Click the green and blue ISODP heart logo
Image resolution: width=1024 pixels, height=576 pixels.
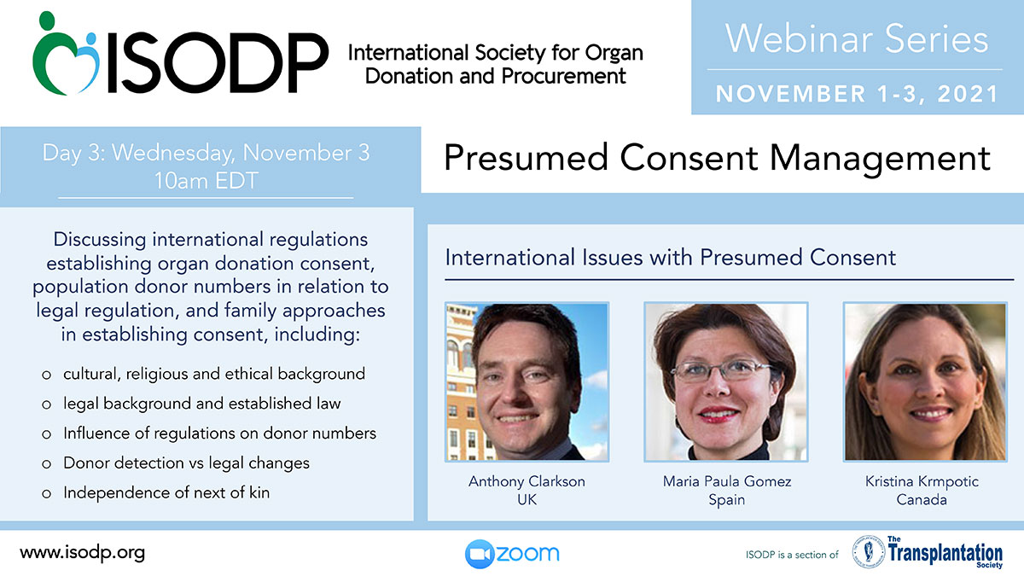click(x=66, y=53)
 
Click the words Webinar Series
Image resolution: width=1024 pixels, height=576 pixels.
click(x=857, y=39)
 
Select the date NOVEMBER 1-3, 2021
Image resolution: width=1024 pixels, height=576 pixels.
click(x=857, y=94)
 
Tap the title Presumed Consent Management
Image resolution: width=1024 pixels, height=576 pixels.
click(x=718, y=159)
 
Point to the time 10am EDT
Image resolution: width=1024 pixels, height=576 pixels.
click(x=207, y=181)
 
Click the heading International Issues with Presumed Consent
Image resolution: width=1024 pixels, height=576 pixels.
click(x=670, y=258)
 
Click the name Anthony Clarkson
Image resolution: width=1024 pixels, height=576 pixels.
click(x=527, y=481)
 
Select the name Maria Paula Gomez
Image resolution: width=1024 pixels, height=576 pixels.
click(x=727, y=481)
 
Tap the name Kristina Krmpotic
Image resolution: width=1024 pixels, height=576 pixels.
click(x=922, y=481)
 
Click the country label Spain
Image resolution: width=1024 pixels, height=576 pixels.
click(x=727, y=500)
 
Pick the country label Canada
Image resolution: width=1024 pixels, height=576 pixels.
click(x=922, y=500)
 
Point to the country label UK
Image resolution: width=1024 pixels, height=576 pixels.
click(x=527, y=500)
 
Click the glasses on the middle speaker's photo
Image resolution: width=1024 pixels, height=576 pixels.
click(x=723, y=369)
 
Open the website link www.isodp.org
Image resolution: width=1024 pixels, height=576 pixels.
click(x=82, y=553)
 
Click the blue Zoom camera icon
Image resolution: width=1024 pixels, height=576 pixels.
click(x=480, y=554)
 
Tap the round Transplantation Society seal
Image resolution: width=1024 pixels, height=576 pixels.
click(x=868, y=552)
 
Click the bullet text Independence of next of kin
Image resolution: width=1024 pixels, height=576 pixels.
click(x=166, y=493)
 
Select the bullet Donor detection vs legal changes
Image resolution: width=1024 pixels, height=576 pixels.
click(x=187, y=463)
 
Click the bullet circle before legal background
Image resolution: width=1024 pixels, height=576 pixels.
click(x=46, y=404)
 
